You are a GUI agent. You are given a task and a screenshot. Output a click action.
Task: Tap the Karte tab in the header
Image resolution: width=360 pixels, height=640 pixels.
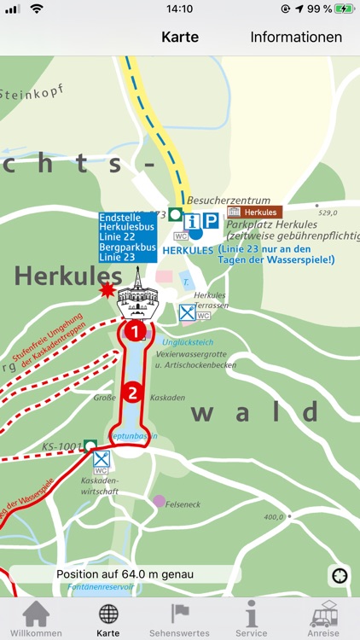[180, 37]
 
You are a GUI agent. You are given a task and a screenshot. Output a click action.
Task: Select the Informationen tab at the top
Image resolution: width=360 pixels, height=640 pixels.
[296, 37]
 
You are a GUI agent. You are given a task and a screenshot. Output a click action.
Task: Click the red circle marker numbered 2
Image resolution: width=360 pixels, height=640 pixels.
[132, 393]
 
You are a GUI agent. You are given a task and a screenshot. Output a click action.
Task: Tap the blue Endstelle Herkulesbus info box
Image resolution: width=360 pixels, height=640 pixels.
[127, 236]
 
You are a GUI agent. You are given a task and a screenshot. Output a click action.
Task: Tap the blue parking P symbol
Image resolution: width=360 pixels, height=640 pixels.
[210, 222]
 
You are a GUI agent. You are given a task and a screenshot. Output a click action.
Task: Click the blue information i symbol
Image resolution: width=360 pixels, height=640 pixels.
[192, 222]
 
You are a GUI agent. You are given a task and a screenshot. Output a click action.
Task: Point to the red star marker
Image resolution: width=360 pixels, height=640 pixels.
[107, 290]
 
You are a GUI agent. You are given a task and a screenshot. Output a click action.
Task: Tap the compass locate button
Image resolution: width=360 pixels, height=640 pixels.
[340, 576]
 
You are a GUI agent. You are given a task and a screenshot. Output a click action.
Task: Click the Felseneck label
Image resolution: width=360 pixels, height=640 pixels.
[183, 504]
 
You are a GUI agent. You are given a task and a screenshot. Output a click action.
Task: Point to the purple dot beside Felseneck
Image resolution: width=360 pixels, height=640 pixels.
[159, 500]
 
